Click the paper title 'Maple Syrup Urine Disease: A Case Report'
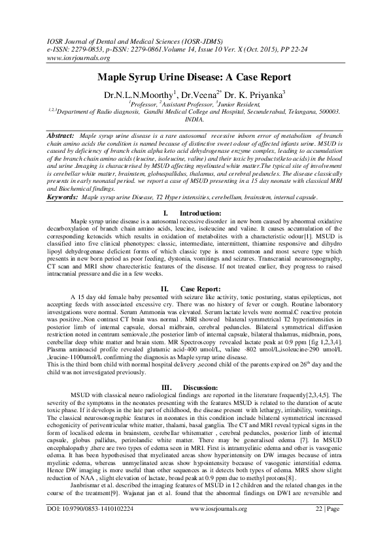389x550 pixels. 194,76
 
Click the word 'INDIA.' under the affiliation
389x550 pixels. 194,120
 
